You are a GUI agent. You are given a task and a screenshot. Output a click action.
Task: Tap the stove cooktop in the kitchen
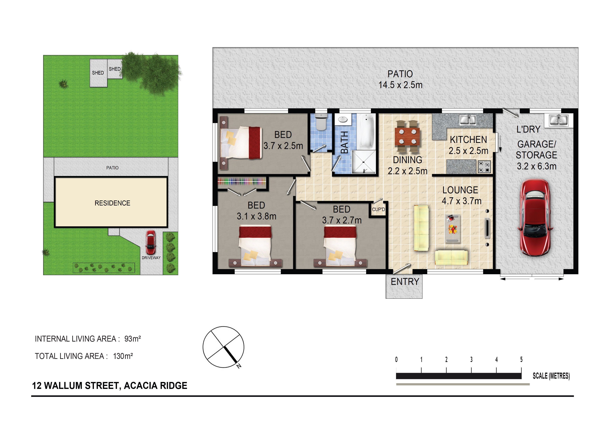click(484, 167)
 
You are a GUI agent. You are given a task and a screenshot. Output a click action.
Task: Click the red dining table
click(407, 136)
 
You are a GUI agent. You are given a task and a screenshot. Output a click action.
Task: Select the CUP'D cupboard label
click(378, 209)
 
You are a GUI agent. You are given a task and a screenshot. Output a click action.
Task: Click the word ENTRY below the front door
click(405, 282)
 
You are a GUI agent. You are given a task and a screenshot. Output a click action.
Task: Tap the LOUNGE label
click(460, 190)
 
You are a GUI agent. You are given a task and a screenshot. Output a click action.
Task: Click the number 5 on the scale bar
click(521, 360)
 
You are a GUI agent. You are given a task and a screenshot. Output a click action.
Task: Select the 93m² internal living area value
click(132, 339)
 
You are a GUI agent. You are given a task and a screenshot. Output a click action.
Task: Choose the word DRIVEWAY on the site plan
click(151, 257)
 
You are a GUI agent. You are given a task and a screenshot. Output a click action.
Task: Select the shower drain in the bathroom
click(364, 162)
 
